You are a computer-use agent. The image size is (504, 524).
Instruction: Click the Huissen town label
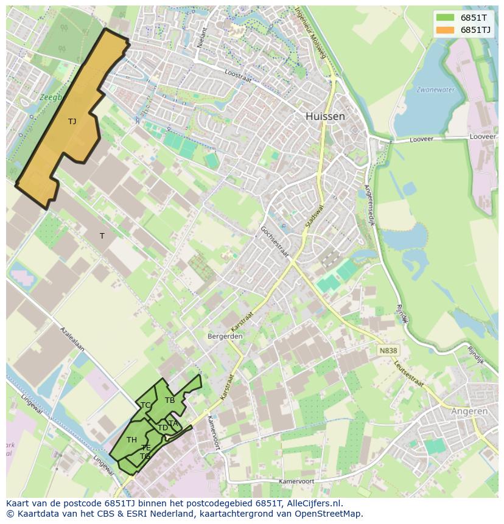[x=325, y=116]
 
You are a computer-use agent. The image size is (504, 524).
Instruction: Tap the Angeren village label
[x=469, y=411]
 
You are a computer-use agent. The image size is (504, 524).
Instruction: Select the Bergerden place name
[x=225, y=336]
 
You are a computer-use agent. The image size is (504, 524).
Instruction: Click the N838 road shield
[x=387, y=351]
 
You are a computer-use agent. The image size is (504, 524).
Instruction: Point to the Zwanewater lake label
[x=435, y=89]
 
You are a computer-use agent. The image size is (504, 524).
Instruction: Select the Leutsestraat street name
[x=408, y=372]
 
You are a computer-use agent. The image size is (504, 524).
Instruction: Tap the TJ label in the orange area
[x=72, y=121]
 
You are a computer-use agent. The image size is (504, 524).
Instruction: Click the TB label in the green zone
[x=170, y=400]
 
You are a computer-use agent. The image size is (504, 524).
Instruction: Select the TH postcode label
[x=131, y=439]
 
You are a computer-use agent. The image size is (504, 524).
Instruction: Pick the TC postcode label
[x=145, y=405]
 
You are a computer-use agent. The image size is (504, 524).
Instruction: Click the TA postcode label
[x=173, y=423]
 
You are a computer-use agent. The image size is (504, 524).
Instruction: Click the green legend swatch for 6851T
[x=445, y=18]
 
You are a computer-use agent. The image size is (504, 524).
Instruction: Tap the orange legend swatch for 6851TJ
[x=445, y=30]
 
